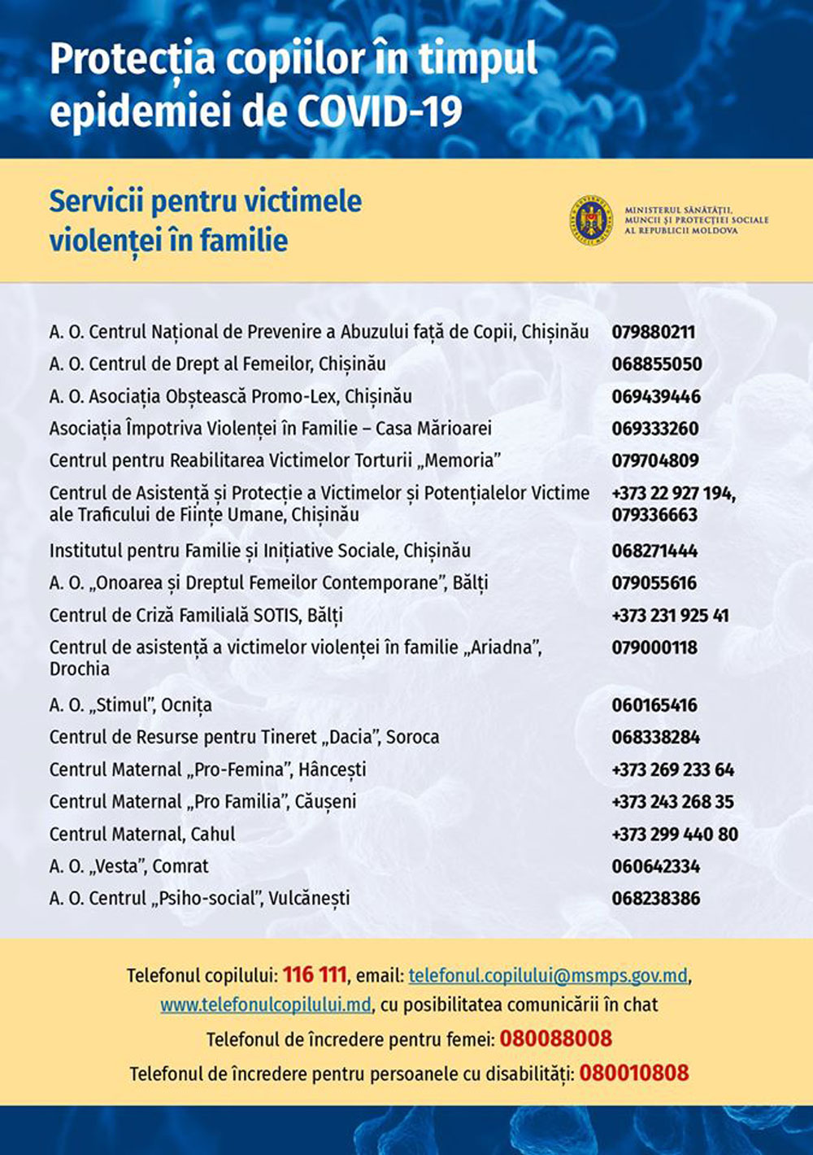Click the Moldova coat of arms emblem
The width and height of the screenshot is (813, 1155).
point(590,220)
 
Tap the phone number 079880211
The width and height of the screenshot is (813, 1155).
point(653,332)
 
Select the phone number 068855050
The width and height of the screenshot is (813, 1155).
point(656,364)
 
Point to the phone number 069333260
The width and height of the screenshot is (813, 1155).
point(654,429)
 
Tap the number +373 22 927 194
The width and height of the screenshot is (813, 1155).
point(673,493)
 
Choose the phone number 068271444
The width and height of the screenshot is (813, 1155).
point(654,551)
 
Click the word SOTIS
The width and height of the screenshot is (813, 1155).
point(276,615)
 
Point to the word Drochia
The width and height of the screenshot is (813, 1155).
point(79,669)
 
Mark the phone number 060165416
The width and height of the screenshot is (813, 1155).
point(654,705)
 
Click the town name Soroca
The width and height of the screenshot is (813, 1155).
point(412,737)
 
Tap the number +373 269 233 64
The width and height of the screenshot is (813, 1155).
point(672,769)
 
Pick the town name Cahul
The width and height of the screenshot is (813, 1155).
point(213,834)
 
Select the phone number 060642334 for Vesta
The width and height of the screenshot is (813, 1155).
point(655,866)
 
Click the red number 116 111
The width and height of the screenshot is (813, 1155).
point(315,974)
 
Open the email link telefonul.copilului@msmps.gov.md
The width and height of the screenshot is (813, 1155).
point(548,975)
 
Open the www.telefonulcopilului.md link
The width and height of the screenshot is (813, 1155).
point(266,1005)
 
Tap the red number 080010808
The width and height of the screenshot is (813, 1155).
point(634,1073)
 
